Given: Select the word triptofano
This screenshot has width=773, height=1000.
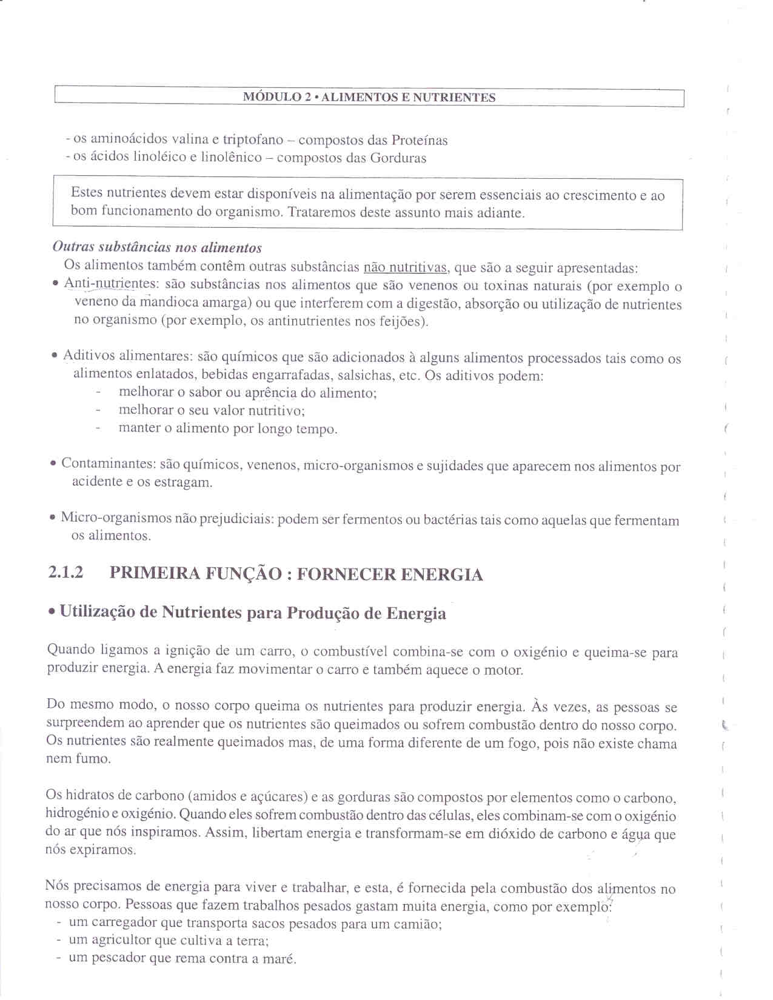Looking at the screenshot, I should [x=253, y=140].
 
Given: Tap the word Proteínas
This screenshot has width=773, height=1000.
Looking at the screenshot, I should [x=419, y=141].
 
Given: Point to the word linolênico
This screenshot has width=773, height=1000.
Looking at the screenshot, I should [x=231, y=158].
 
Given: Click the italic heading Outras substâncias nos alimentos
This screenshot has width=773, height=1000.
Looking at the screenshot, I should [x=157, y=247].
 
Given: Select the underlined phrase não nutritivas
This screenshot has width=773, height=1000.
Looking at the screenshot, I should [x=404, y=267].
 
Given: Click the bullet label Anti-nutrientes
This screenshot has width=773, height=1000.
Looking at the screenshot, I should [x=110, y=284].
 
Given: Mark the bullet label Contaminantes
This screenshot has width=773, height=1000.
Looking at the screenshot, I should [x=109, y=464].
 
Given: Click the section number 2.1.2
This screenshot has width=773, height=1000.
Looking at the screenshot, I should [x=65, y=573].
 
